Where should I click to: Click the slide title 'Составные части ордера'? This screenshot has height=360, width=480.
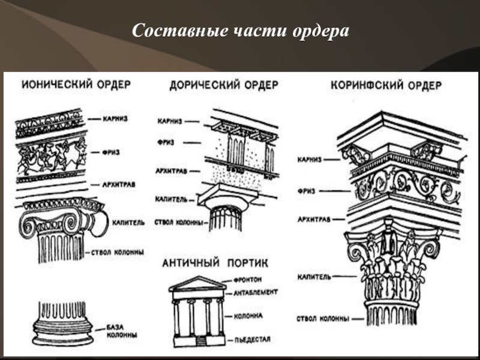pyautogui.click(x=240, y=30)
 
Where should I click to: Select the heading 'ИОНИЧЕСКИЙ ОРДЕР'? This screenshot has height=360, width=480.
pyautogui.click(x=76, y=85)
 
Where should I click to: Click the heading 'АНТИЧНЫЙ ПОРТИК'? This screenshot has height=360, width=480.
pyautogui.click(x=215, y=262)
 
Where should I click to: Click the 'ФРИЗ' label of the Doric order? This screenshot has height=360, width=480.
pyautogui.click(x=167, y=142)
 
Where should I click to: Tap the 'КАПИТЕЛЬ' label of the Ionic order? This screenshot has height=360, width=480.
pyautogui.click(x=127, y=222)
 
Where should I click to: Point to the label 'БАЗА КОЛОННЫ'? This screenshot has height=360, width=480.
pyautogui.click(x=123, y=331)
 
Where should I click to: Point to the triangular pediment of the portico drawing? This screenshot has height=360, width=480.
pyautogui.click(x=197, y=283)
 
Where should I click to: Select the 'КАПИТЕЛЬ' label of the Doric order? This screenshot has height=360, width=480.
pyautogui.click(x=172, y=197)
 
